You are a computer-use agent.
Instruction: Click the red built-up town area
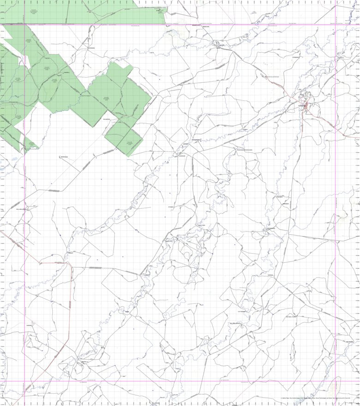click(306, 106)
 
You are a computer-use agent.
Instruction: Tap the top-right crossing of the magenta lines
click(336, 24)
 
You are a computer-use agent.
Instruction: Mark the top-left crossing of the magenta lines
click(24, 24)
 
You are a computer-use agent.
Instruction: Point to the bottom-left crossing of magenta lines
click(24, 381)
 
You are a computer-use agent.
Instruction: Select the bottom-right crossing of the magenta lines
click(336, 381)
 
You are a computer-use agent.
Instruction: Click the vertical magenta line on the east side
click(336, 208)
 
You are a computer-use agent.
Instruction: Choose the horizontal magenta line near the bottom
click(185, 381)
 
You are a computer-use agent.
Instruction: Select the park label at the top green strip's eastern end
click(159, 12)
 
